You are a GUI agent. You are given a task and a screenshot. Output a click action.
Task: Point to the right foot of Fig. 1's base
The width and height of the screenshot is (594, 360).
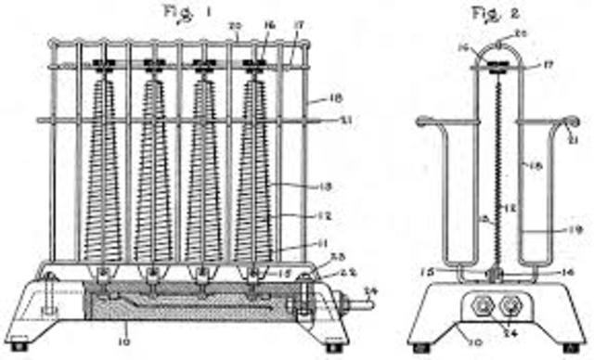click(x=336, y=349)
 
